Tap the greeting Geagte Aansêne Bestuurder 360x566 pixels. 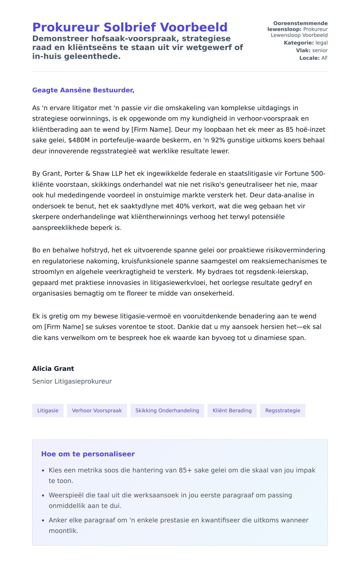point(83,90)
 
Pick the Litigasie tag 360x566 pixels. point(48,411)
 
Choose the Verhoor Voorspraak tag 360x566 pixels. point(97,411)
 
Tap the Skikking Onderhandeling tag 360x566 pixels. point(167,411)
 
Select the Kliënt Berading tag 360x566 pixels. point(232,411)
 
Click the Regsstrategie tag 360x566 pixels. point(283,411)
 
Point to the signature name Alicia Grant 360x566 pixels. point(53,369)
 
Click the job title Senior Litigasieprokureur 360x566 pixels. point(72,382)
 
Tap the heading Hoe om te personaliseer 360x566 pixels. point(88,454)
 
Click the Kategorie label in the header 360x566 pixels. point(298,43)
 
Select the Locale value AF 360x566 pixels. point(324,58)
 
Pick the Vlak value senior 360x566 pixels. point(320,50)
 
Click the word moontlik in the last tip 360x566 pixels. point(63,531)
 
